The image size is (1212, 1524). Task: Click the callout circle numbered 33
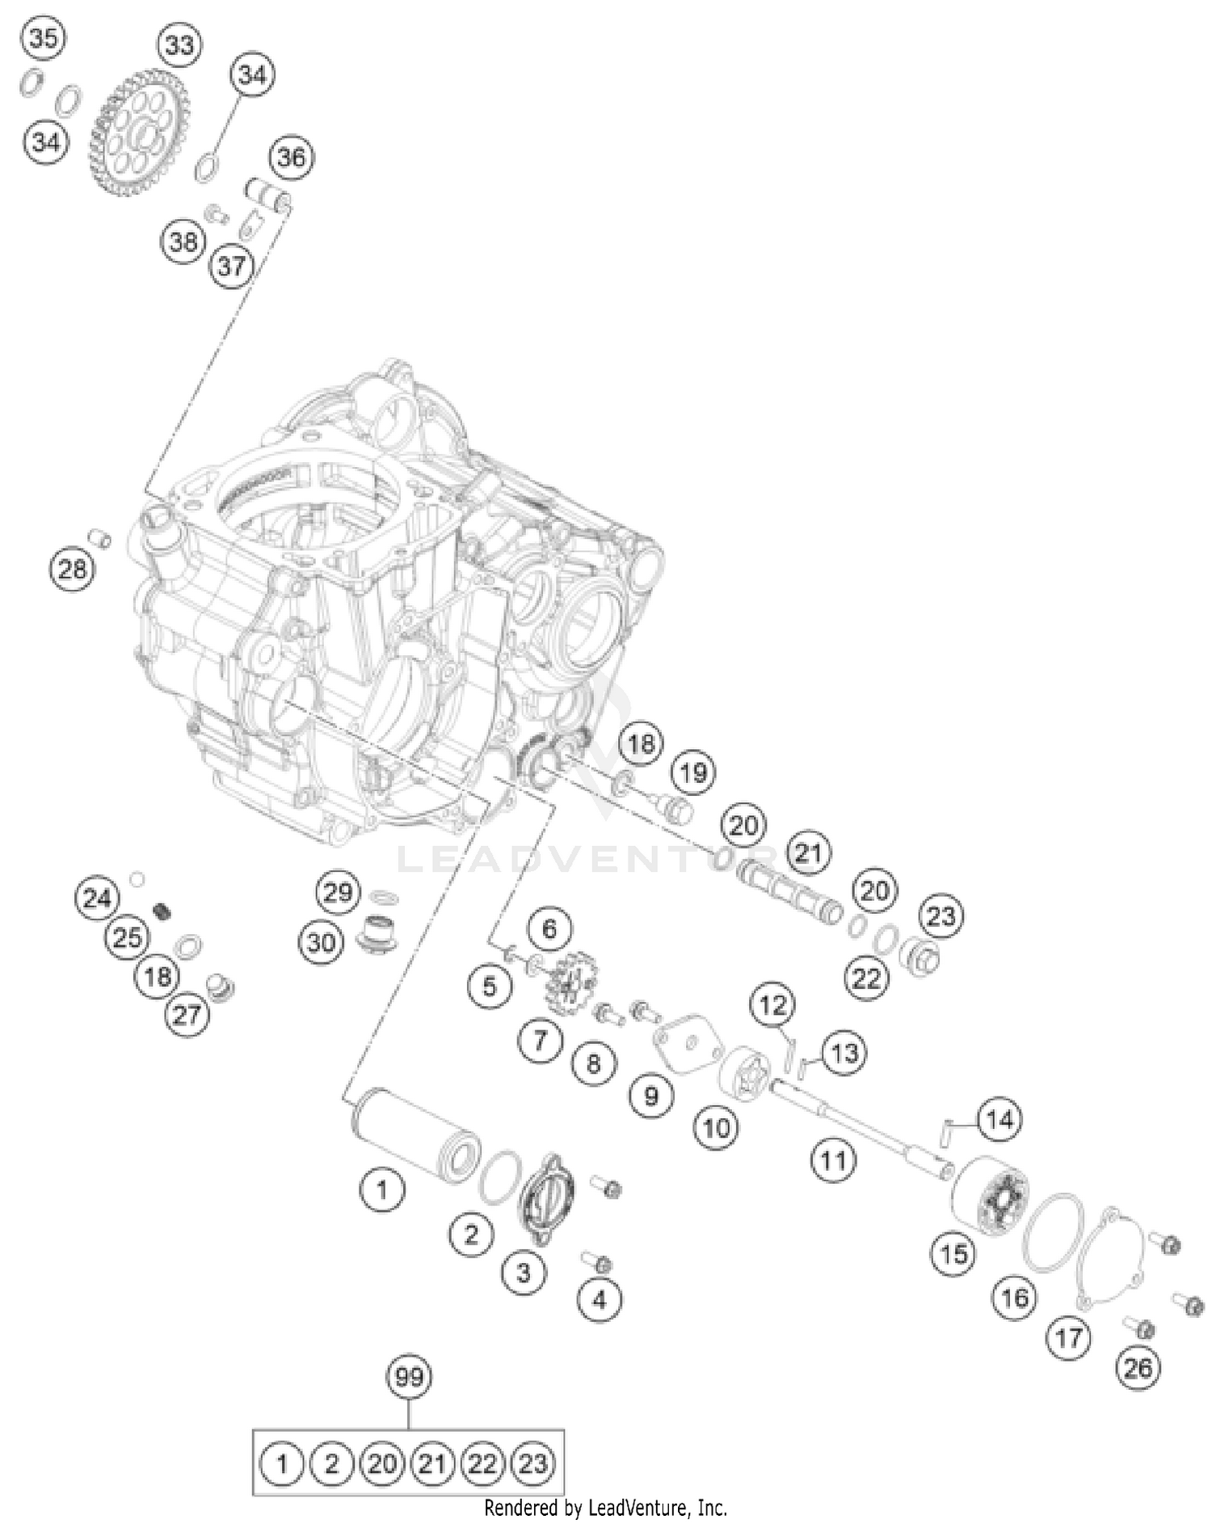pos(179,44)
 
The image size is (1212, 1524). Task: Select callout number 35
pos(44,37)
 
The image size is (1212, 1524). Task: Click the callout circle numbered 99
pos(410,1376)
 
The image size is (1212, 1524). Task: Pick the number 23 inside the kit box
pos(532,1463)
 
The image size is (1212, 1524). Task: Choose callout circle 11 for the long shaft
pos(833,1161)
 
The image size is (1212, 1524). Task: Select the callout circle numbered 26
pos(1138,1368)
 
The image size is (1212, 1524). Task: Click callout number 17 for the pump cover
pos(1068,1337)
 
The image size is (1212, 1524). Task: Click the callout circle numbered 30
pos(320,941)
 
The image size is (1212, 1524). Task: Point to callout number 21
pos(808,853)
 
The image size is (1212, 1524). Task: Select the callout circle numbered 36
pos(292,157)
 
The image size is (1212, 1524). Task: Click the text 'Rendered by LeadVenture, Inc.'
pos(605,1508)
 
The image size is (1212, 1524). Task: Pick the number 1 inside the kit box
pos(282,1463)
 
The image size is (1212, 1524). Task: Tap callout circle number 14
pos(999,1119)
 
